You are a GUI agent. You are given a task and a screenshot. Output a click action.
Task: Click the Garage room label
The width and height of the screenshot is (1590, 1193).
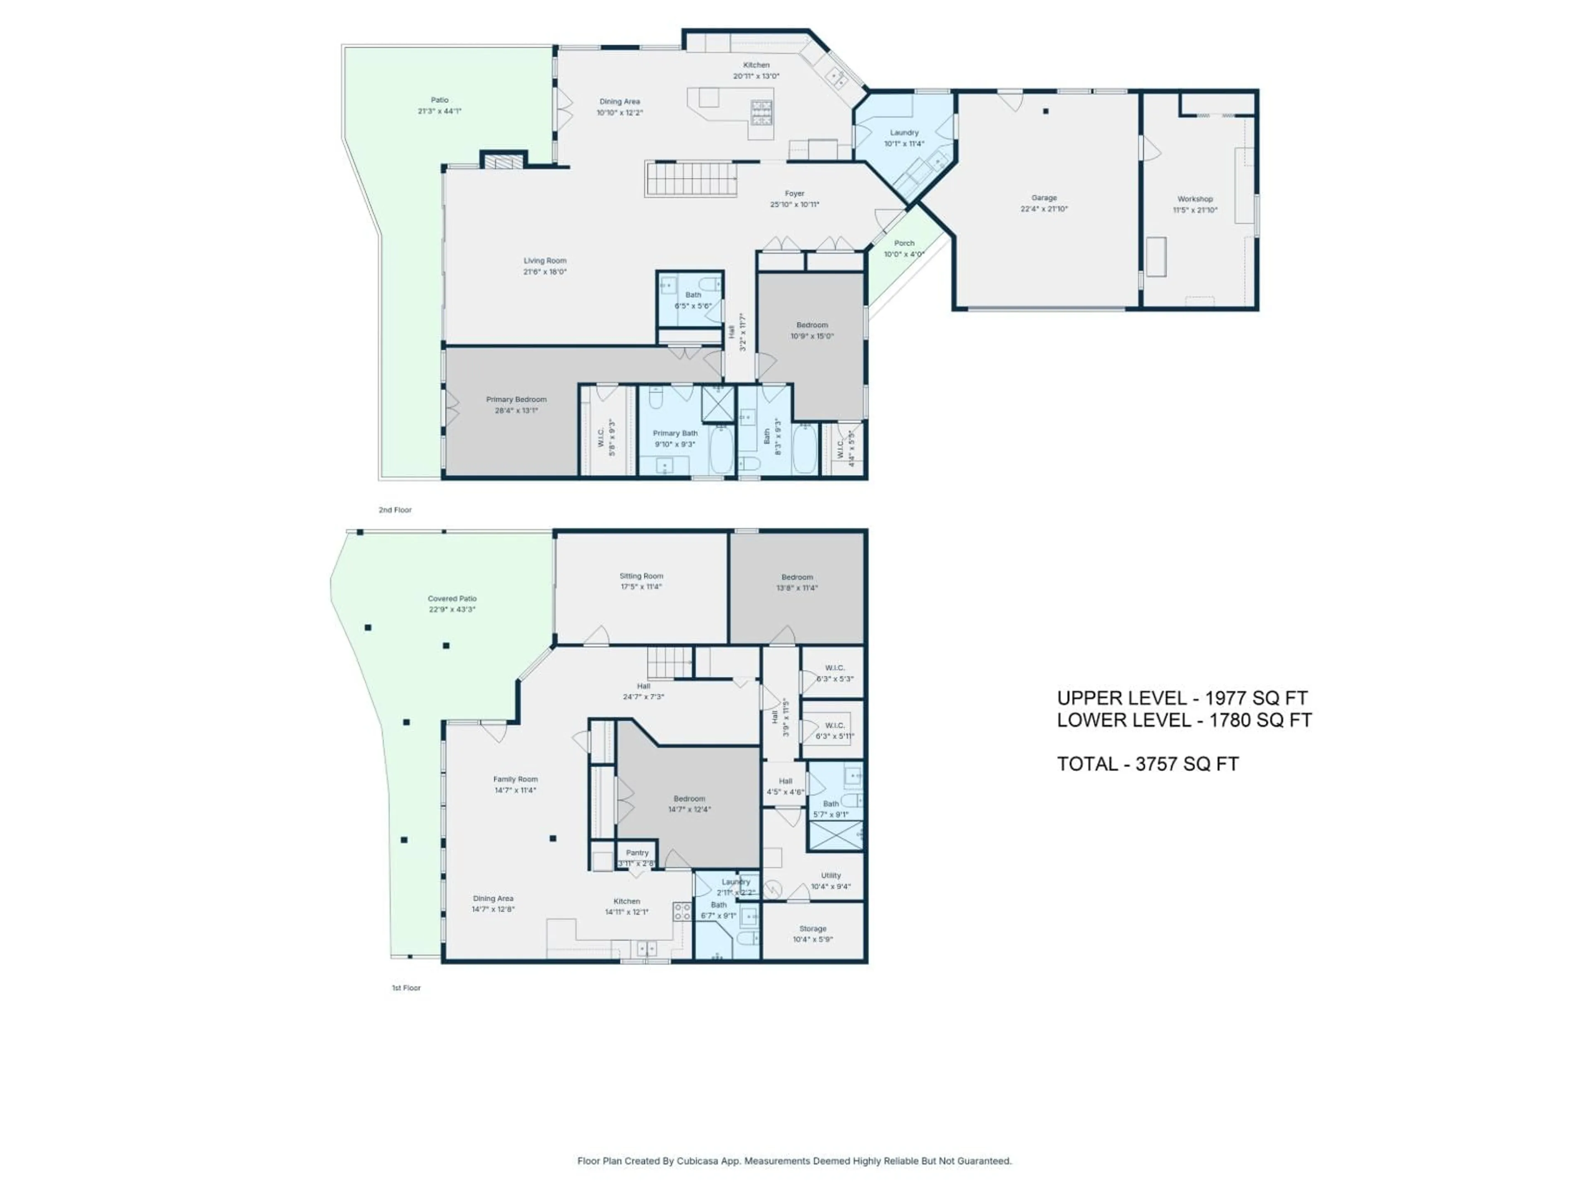(x=1044, y=198)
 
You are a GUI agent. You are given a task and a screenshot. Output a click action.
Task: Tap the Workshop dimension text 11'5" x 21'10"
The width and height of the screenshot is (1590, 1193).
(x=1195, y=210)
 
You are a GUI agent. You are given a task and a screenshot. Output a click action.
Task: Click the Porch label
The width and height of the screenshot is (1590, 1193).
(x=903, y=243)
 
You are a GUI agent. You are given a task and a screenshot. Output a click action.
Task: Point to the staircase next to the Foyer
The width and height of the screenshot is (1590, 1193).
(x=690, y=179)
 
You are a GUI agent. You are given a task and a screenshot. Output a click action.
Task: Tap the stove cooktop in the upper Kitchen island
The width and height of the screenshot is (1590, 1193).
(x=762, y=111)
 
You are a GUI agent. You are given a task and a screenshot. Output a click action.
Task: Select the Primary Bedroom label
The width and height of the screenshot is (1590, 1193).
(x=516, y=399)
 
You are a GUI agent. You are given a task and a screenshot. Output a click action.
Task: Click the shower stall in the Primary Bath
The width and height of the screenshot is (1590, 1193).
(x=718, y=403)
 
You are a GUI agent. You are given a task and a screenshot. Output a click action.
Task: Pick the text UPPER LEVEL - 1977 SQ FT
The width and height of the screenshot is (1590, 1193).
(x=1182, y=698)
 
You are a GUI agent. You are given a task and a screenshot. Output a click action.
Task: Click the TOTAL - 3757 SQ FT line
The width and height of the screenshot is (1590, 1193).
(x=1147, y=764)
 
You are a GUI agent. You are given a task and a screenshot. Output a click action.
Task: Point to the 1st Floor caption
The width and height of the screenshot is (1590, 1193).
(x=406, y=988)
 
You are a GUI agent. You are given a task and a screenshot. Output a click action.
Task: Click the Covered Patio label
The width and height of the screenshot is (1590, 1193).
(x=452, y=598)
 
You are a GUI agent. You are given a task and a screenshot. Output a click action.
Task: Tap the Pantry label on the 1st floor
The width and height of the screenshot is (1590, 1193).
(x=637, y=852)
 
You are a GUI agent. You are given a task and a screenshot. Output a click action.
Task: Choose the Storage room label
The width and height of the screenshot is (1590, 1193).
(x=812, y=928)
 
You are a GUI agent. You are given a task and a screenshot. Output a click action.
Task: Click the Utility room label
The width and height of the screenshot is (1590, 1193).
(x=830, y=875)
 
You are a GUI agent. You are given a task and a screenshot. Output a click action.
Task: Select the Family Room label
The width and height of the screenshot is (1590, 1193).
(x=516, y=779)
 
